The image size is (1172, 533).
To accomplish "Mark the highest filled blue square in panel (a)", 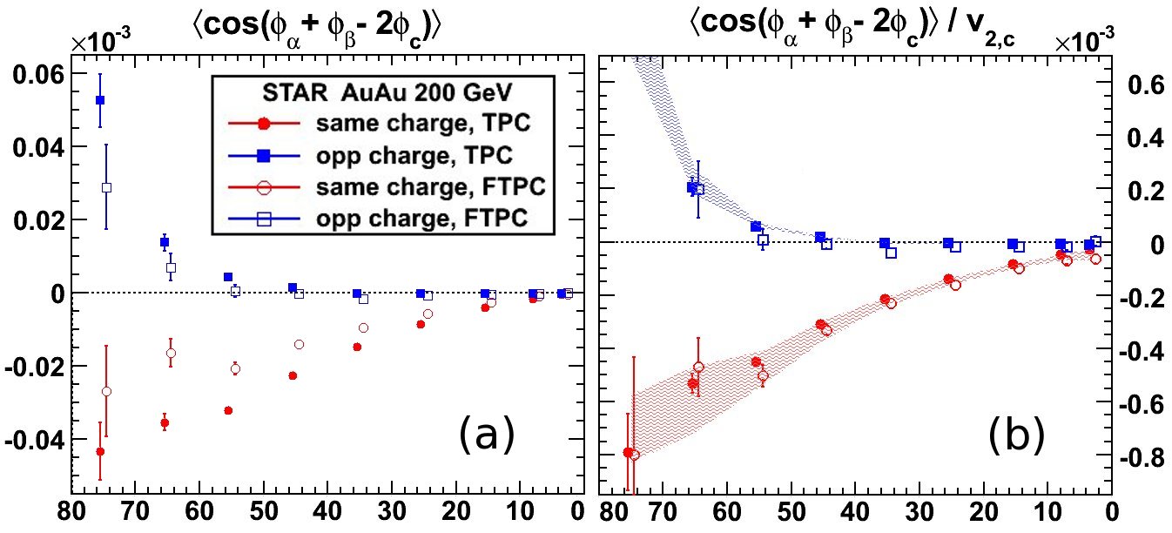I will pos(100,100).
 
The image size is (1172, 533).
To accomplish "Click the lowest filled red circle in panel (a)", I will pos(100,451).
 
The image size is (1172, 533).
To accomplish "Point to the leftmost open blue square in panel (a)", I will pos(106,187).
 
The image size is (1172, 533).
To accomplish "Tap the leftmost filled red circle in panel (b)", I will pos(628,452).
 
